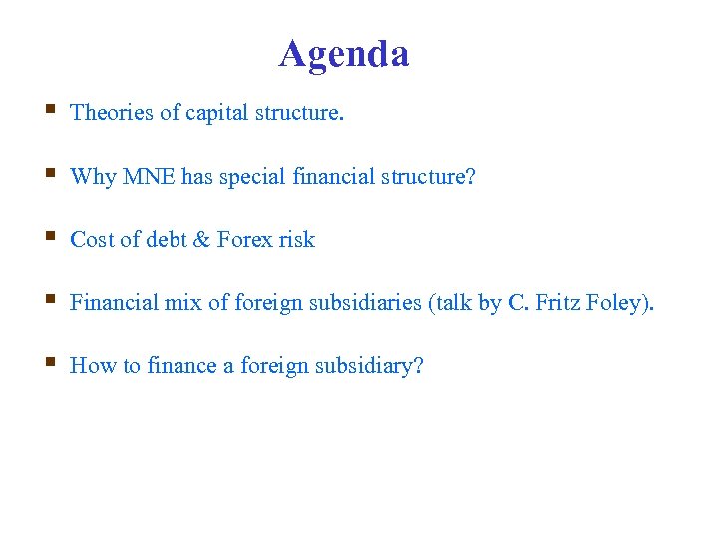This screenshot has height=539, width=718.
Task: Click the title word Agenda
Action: point(344,54)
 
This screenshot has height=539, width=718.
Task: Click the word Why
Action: point(93,177)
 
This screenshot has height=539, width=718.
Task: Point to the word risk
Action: point(297,240)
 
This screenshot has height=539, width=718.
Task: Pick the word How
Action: point(93,366)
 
